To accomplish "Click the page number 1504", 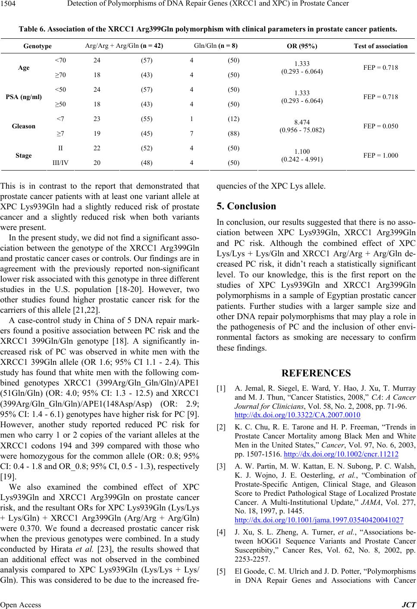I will tap(9, 4).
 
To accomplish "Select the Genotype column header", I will tap(38, 46).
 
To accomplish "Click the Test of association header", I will tap(380, 46).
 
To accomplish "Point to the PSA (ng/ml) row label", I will tap(24, 97).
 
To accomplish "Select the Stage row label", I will tap(24, 155).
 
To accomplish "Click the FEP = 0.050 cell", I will tap(380, 126).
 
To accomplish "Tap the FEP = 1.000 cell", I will tap(380, 155).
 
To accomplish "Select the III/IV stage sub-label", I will tap(60, 163).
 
